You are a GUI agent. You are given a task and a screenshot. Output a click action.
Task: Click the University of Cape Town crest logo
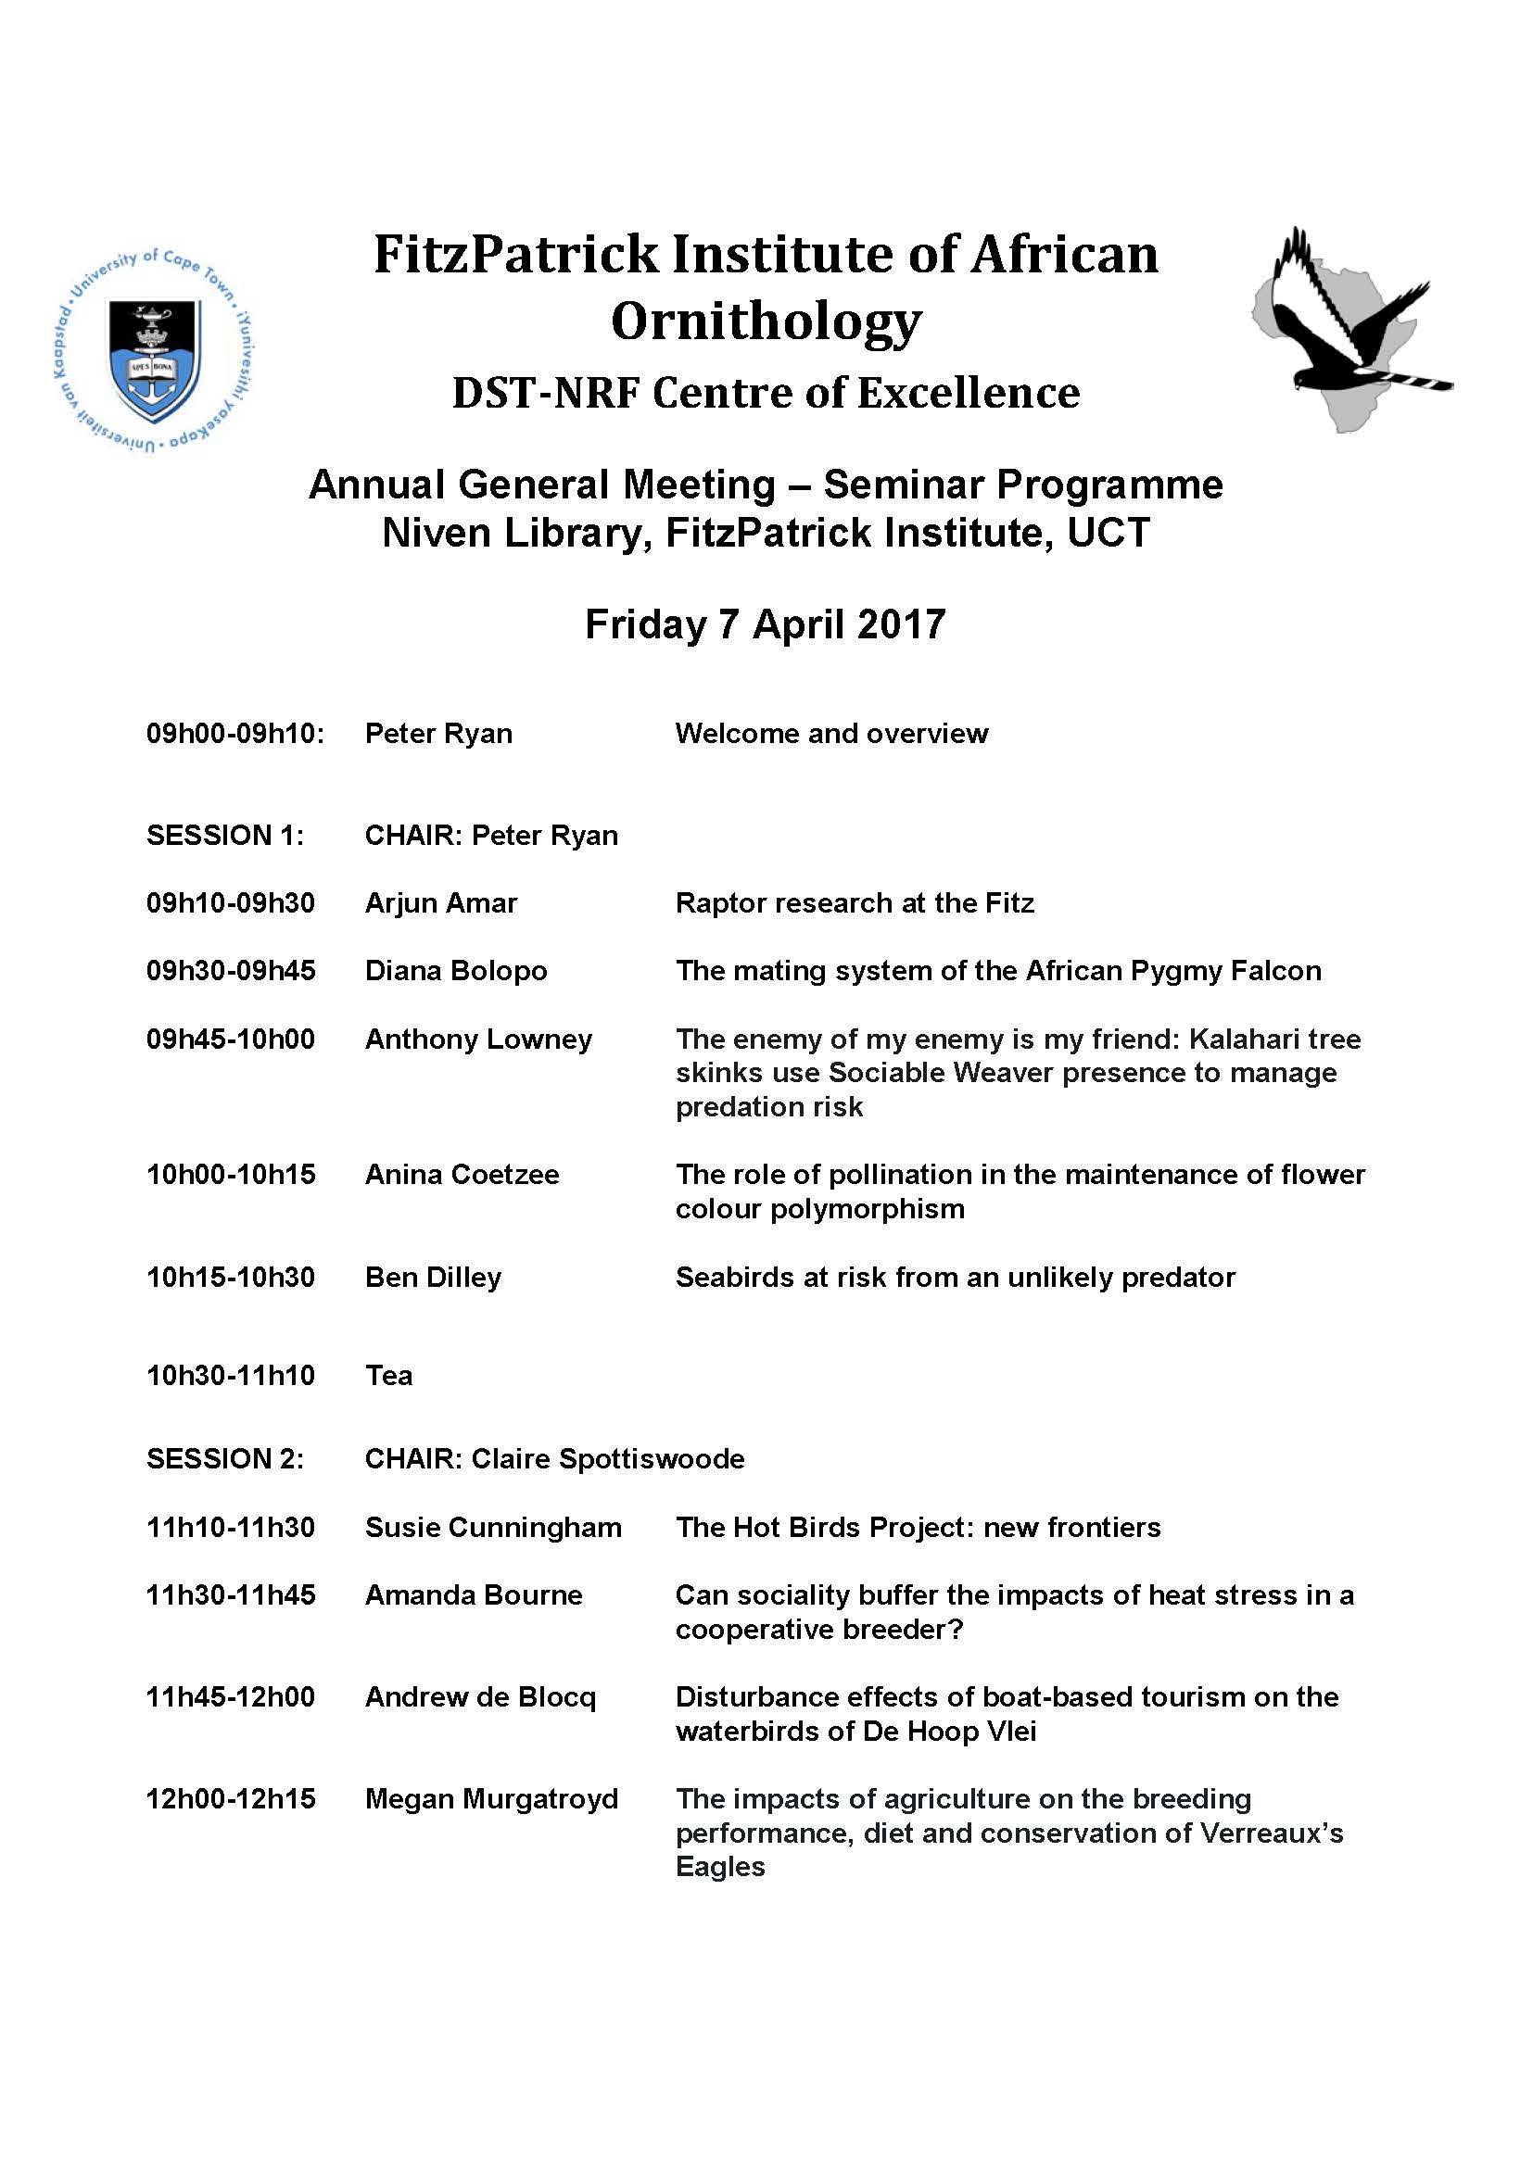coord(154,351)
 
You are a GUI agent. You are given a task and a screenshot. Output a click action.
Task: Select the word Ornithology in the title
coord(766,321)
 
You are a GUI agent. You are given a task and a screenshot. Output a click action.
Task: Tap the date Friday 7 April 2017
coord(766,624)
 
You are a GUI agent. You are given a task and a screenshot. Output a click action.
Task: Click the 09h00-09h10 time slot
coord(235,734)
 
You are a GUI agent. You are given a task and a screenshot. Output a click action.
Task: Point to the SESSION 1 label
coord(224,836)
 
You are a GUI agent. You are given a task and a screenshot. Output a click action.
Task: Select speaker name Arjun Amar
coord(441,903)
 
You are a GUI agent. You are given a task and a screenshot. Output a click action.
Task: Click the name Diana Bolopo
coord(456,971)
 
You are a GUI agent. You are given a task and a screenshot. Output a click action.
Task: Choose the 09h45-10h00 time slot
coord(232,1039)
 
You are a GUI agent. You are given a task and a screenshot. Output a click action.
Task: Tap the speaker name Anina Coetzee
coord(462,1175)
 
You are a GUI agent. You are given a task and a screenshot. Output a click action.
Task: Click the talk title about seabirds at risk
coord(956,1278)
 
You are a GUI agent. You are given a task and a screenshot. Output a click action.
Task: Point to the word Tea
coord(389,1375)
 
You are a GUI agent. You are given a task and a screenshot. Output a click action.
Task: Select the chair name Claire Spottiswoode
coord(608,1459)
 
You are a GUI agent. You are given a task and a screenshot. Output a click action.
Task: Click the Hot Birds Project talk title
coord(918,1527)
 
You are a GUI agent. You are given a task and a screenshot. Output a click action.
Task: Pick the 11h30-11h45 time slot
coord(232,1595)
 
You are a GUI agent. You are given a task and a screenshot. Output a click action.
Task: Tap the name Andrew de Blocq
coord(480,1697)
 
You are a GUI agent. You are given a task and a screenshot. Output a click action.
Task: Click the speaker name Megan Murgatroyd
coord(492,1799)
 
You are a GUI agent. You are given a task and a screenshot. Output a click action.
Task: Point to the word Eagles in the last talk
coord(720,1867)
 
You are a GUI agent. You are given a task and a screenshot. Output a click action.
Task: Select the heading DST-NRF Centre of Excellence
coord(766,394)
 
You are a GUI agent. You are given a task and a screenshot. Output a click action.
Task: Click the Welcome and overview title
coord(831,734)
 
